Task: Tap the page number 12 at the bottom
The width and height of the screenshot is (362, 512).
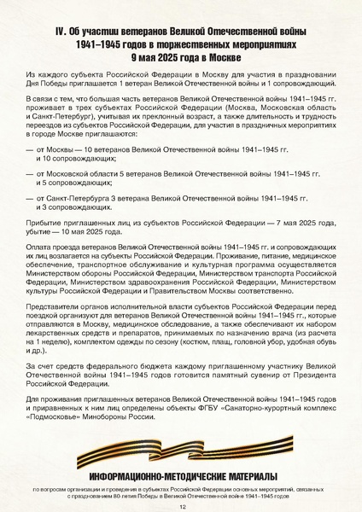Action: click(182, 505)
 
